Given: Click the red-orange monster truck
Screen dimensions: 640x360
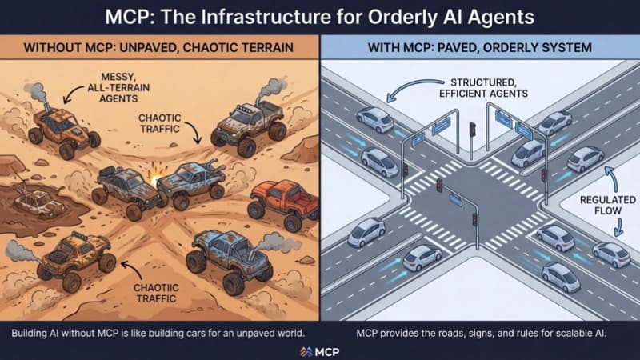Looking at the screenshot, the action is click(284, 203).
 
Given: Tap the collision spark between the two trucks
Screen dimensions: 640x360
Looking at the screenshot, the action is click(155, 176).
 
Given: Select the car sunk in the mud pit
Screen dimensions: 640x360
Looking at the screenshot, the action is click(38, 203).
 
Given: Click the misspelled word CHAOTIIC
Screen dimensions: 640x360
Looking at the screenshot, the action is click(156, 288).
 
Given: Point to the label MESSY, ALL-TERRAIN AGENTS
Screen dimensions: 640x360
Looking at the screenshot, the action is click(119, 87).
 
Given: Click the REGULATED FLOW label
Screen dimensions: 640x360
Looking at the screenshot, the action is click(608, 206).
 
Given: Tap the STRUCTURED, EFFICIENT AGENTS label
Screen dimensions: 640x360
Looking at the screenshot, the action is click(483, 88).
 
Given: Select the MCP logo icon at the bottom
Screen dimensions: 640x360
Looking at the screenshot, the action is click(306, 352).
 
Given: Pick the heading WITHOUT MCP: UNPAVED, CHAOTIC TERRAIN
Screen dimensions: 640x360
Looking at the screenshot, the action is click(158, 47).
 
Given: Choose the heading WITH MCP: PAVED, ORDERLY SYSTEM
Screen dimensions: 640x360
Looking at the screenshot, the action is click(479, 47).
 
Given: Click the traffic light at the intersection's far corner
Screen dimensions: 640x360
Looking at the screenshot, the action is click(472, 130).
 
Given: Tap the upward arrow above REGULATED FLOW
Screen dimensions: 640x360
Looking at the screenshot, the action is click(611, 178).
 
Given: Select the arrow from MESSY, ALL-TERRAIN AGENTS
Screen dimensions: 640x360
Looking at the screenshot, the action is click(72, 93).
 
